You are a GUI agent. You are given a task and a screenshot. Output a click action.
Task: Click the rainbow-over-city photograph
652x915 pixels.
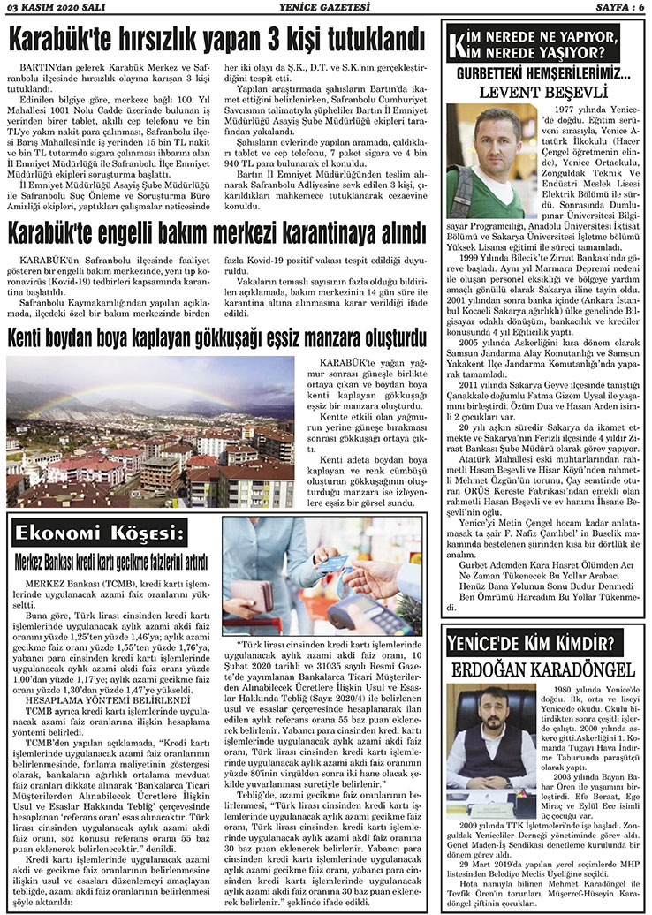point(150,431)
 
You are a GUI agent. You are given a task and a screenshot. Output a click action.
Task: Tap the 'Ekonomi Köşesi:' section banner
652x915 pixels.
point(101,533)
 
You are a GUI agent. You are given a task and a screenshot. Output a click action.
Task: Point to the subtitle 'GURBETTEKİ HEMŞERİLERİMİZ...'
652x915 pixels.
point(542,74)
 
